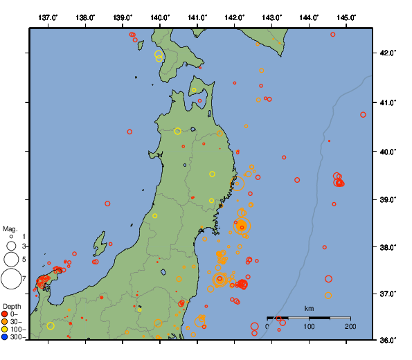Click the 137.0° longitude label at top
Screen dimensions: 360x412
tap(48, 17)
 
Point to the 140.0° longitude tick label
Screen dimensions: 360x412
tap(160, 17)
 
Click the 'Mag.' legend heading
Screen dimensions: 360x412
tap(10, 228)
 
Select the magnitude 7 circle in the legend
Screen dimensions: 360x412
tap(11, 279)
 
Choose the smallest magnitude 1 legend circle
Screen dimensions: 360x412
tap(11, 237)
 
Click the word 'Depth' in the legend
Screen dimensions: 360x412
tap(12, 306)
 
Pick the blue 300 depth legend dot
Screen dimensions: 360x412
tap(6, 337)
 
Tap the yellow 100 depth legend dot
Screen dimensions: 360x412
tap(6, 329)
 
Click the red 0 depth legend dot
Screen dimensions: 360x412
tap(6, 314)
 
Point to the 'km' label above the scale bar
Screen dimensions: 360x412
tap(309, 308)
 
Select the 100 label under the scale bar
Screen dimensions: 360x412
tap(309, 326)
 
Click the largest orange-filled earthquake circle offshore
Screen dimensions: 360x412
tap(242, 226)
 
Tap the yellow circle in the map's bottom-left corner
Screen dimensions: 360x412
tap(51, 326)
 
